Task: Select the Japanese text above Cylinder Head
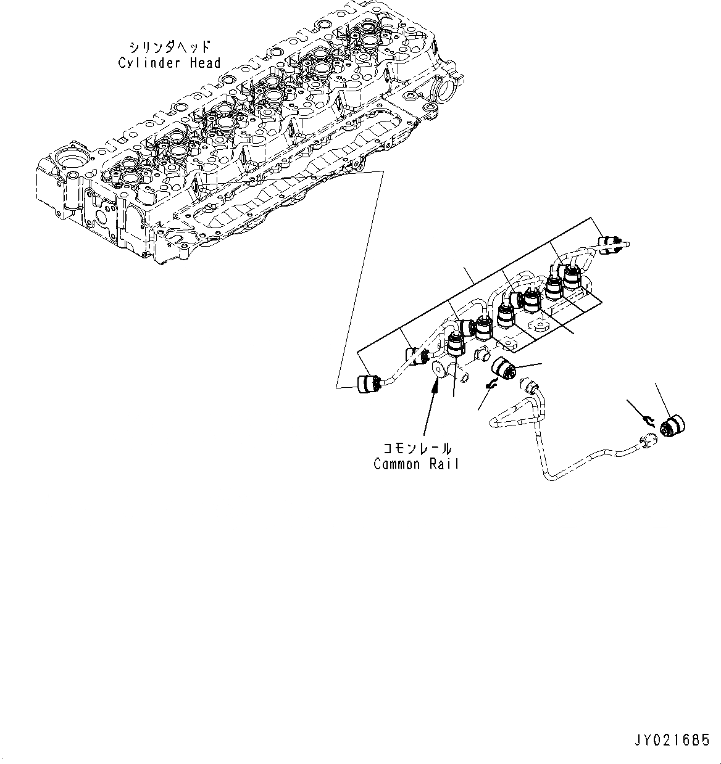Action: coord(169,47)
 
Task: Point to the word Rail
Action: coord(445,464)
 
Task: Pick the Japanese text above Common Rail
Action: coord(417,449)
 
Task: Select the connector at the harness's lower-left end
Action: coord(368,384)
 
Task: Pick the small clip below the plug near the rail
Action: coord(491,384)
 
